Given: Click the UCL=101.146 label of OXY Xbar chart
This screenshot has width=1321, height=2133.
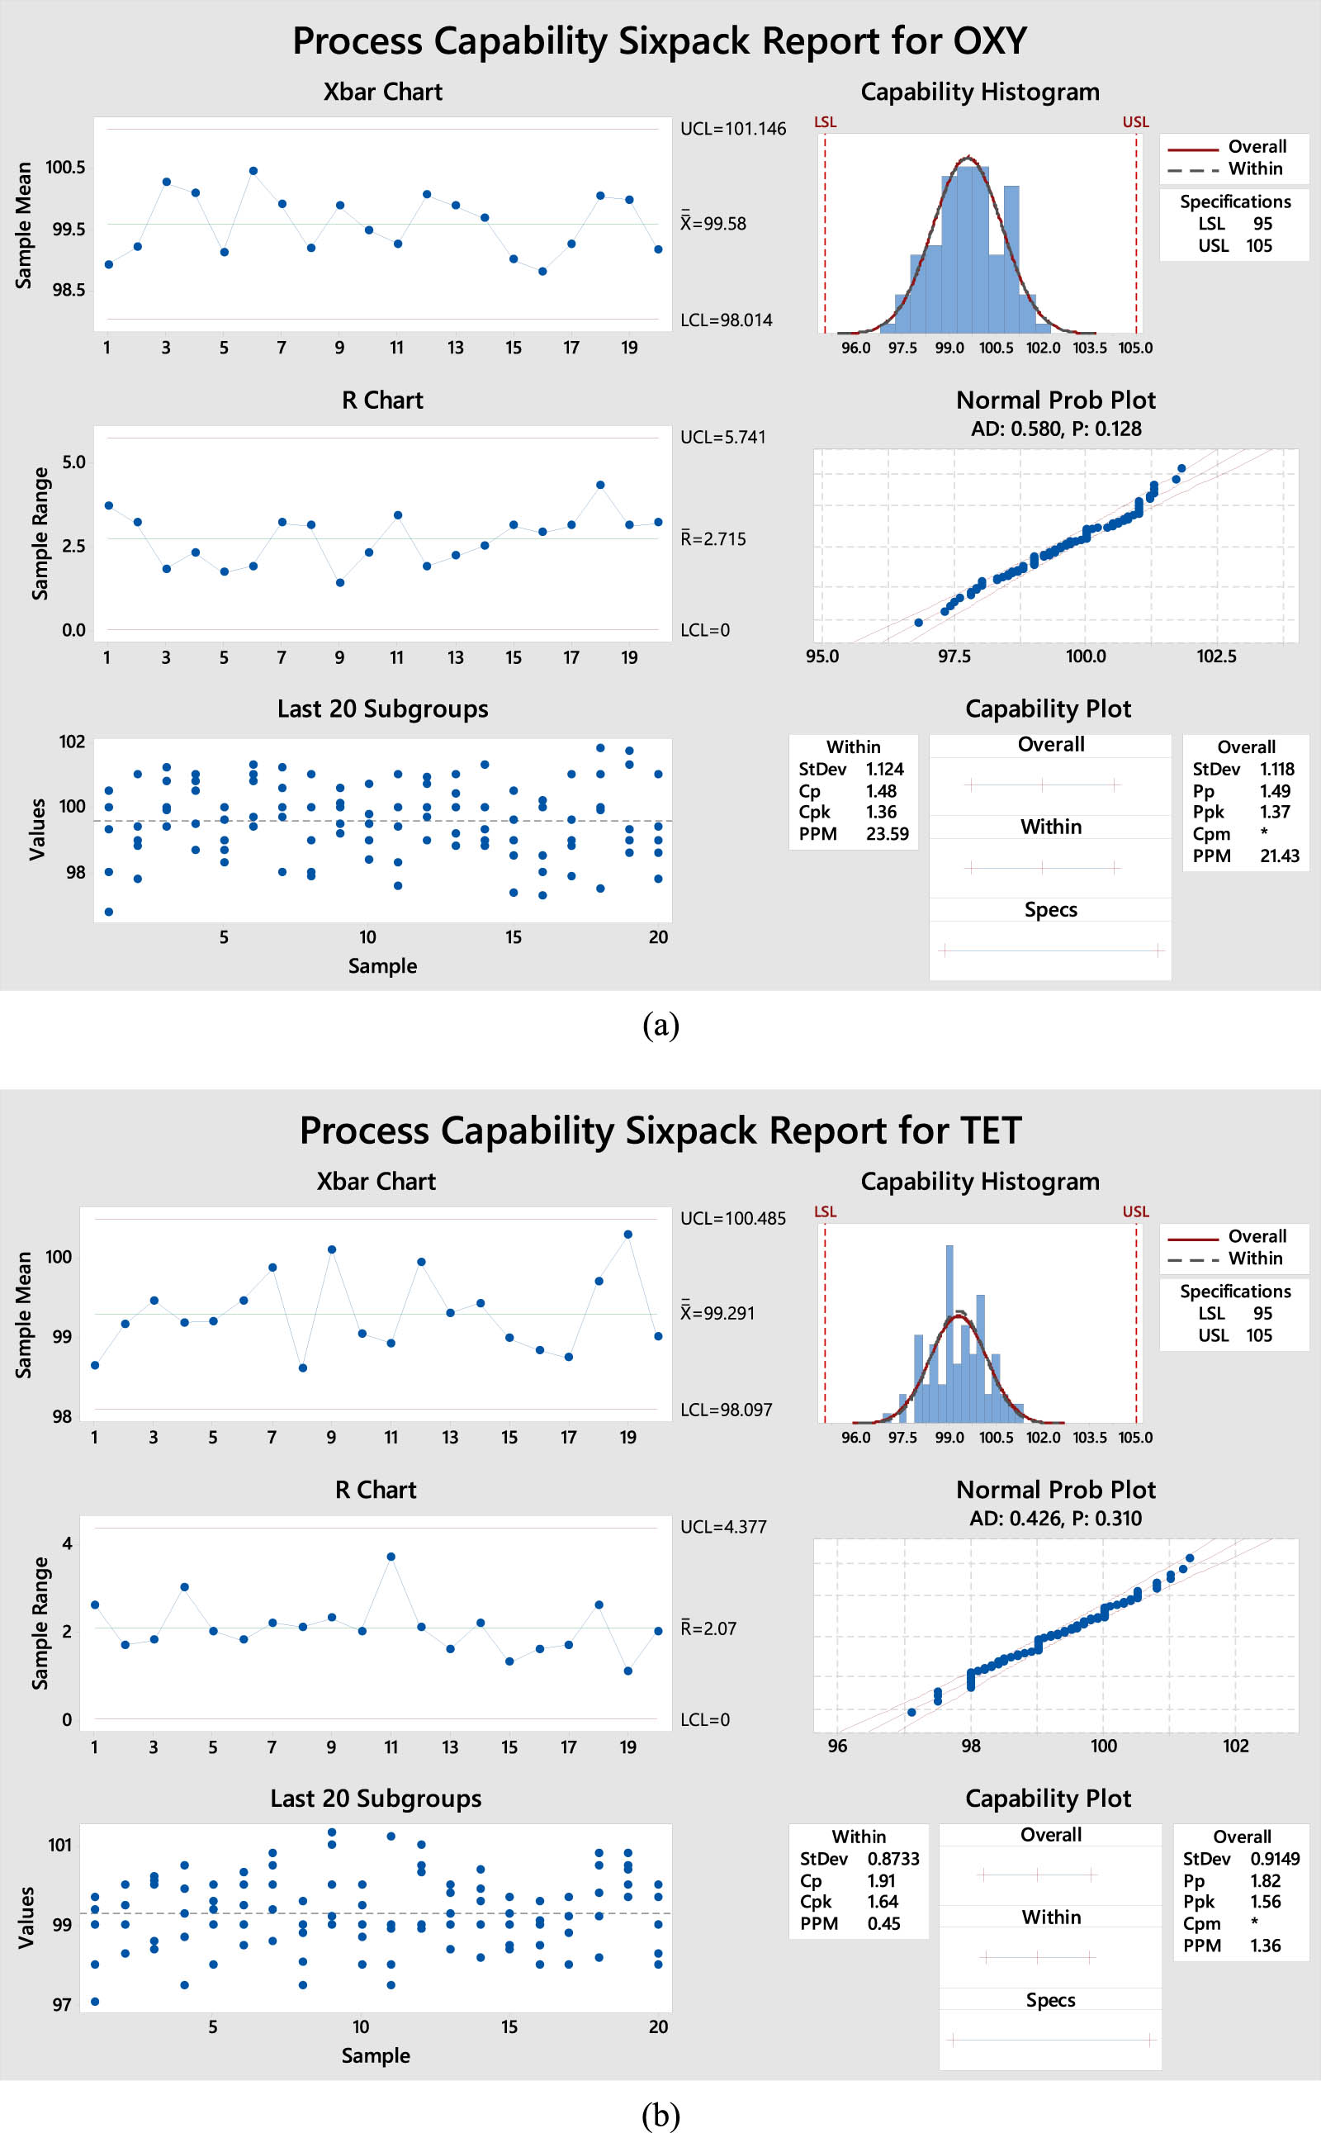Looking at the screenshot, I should click(x=732, y=130).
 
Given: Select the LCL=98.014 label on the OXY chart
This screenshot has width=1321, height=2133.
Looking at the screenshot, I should click(x=726, y=320).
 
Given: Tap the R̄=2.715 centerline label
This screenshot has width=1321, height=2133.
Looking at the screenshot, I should click(x=713, y=539).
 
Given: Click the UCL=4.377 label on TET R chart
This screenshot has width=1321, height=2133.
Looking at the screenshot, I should click(x=722, y=1527).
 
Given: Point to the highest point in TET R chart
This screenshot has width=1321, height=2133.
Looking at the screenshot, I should click(x=391, y=1557).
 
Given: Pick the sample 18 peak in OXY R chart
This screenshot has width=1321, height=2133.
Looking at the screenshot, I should click(x=600, y=485).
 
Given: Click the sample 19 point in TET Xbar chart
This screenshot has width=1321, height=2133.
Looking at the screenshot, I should click(x=628, y=1235).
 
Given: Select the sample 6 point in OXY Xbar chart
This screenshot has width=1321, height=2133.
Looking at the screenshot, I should click(x=253, y=171).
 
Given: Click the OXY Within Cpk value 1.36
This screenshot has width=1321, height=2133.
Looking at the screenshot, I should click(x=881, y=812).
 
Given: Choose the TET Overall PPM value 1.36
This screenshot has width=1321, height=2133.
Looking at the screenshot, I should click(x=1265, y=1945).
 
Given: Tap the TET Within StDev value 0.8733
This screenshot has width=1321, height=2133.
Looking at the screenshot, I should click(x=893, y=1859).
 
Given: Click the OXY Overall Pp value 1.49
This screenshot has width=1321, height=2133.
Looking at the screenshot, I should click(x=1275, y=791).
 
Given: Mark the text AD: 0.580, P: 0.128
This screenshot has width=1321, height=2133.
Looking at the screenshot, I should click(x=1055, y=429).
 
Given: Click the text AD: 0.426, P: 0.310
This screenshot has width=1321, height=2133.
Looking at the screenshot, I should click(x=1055, y=1518).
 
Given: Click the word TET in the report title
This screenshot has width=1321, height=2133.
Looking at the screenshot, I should click(x=991, y=1130).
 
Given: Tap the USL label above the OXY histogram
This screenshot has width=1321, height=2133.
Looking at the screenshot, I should click(x=1135, y=122).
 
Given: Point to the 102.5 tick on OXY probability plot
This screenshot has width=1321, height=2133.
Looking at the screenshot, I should click(x=1215, y=656).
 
